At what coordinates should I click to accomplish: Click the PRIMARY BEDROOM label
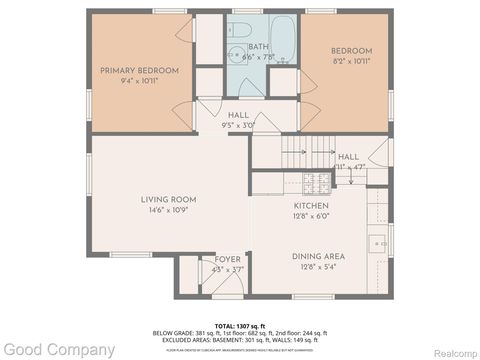pyautogui.click(x=139, y=70)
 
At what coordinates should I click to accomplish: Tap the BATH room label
pyautogui.click(x=258, y=47)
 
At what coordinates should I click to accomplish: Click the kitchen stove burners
pyautogui.click(x=311, y=182)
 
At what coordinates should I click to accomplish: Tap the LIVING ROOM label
pyautogui.click(x=167, y=200)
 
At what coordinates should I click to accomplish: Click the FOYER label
pyautogui.click(x=228, y=259)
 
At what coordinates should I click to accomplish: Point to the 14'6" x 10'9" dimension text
pyautogui.click(x=167, y=211)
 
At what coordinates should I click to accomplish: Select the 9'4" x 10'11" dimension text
pyautogui.click(x=139, y=80)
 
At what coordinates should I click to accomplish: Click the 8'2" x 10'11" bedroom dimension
pyautogui.click(x=352, y=61)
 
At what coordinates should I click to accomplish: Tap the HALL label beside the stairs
pyautogui.click(x=348, y=157)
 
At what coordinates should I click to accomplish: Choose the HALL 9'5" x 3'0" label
pyautogui.click(x=238, y=116)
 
